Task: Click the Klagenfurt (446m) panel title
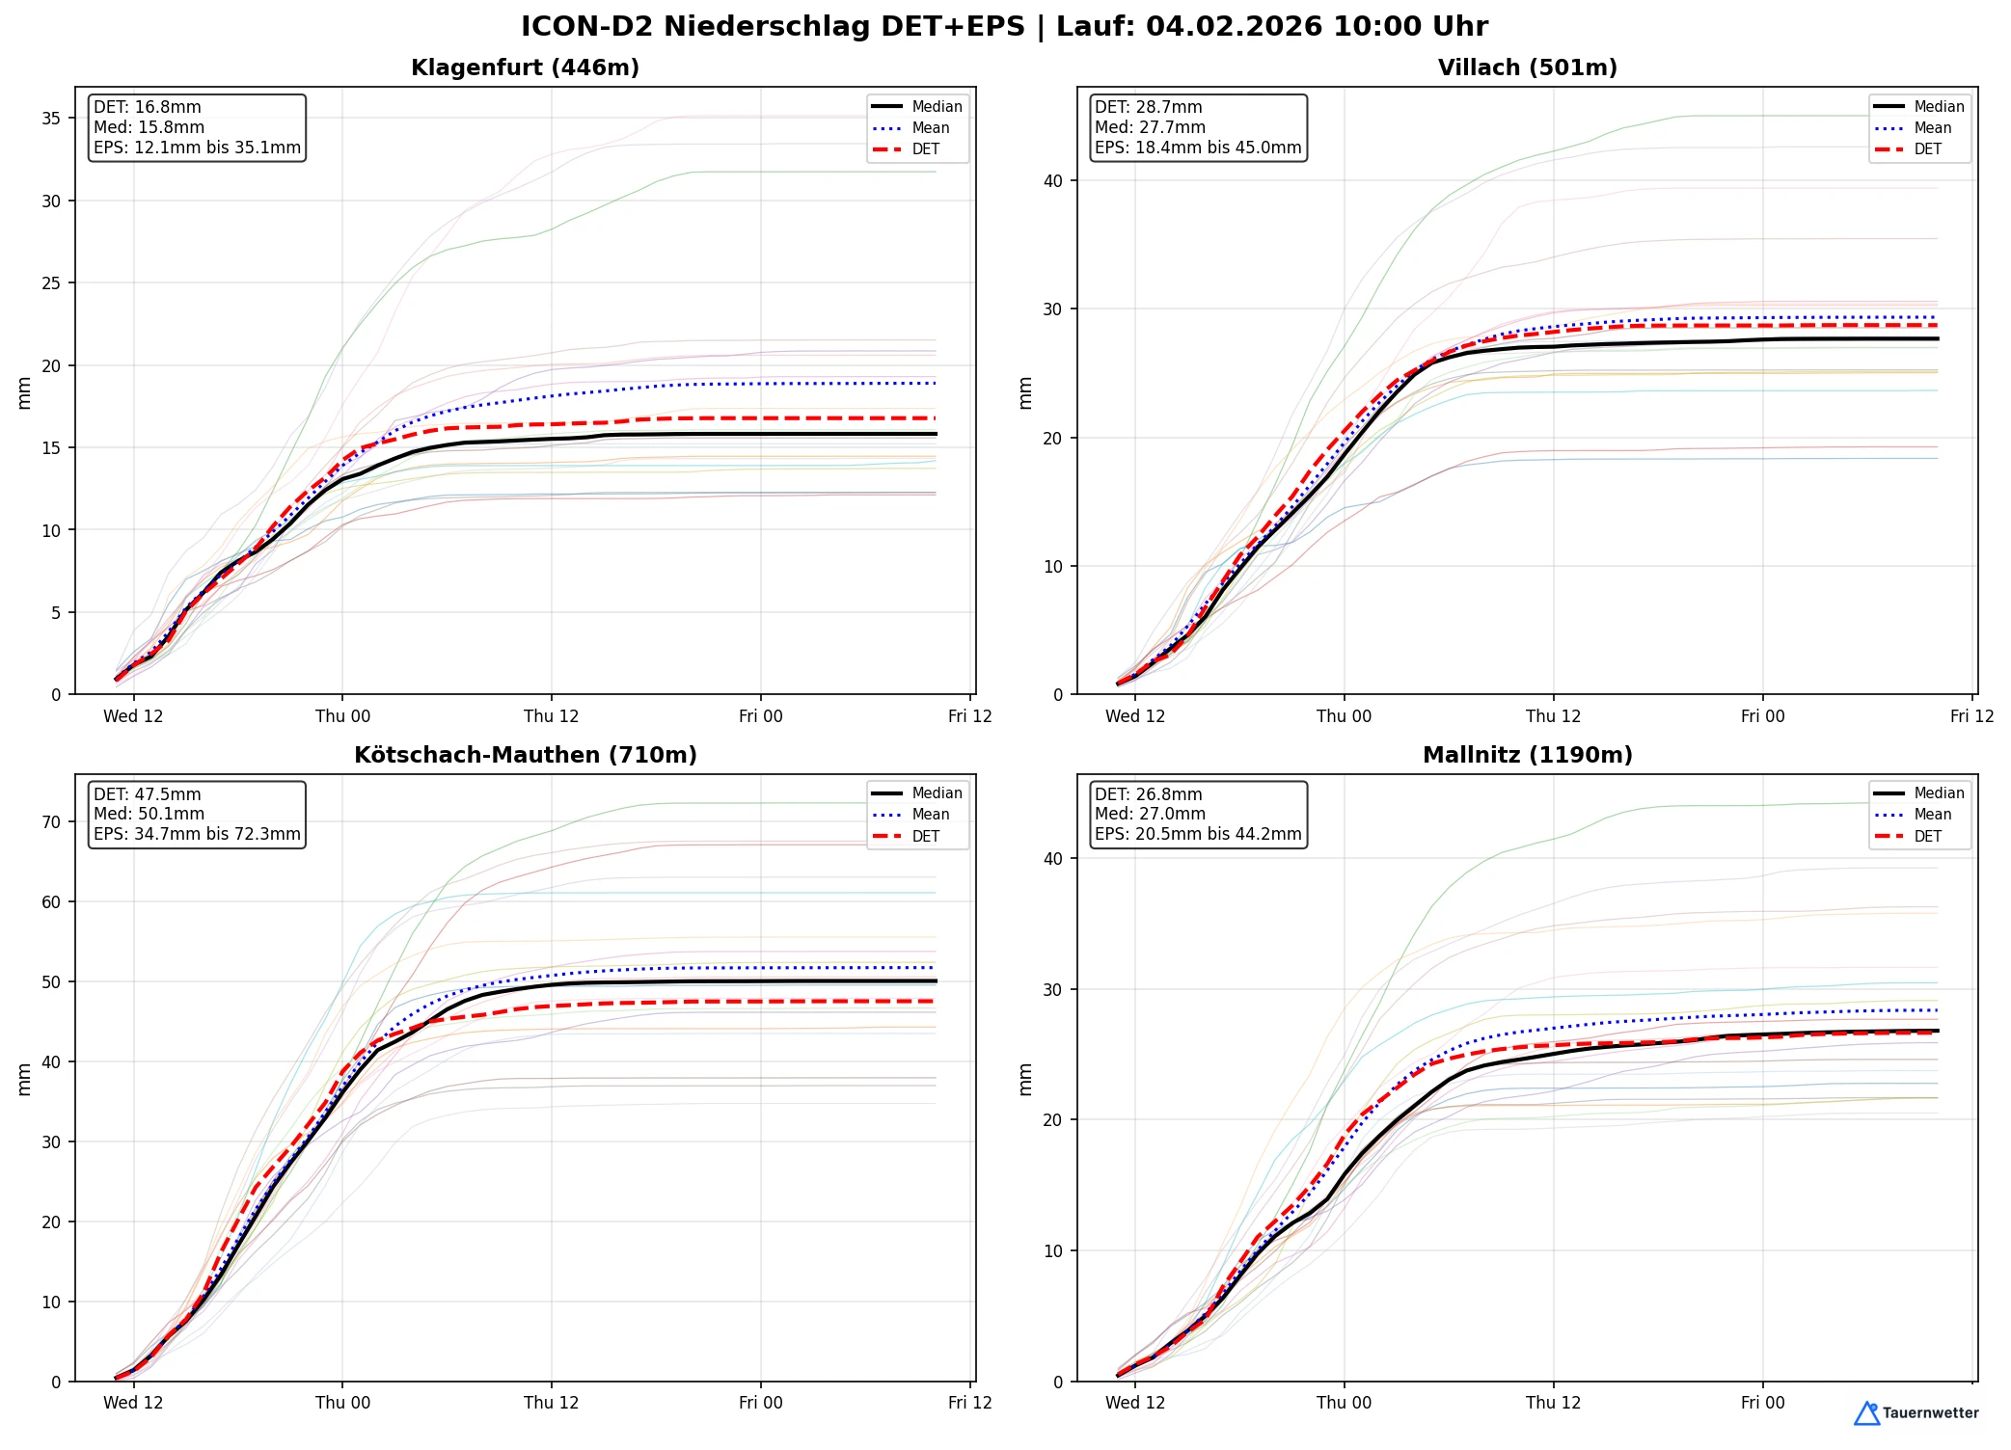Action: pyautogui.click(x=525, y=67)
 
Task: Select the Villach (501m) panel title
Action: pyautogui.click(x=1527, y=67)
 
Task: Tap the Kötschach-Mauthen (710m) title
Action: pyautogui.click(x=525, y=755)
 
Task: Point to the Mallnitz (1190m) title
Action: pyautogui.click(x=1527, y=755)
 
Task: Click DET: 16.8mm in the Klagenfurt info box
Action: pyautogui.click(x=148, y=107)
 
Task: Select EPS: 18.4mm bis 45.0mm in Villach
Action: pyautogui.click(x=1198, y=148)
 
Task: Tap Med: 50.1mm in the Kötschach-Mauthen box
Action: pyautogui.click(x=149, y=814)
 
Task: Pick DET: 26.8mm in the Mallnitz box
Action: pyautogui.click(x=1149, y=794)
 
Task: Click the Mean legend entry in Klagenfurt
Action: pyautogui.click(x=930, y=128)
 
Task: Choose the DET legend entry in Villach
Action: pyautogui.click(x=1927, y=149)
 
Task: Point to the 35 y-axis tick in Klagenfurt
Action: pyautogui.click(x=51, y=119)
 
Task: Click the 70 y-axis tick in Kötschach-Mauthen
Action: pyautogui.click(x=51, y=822)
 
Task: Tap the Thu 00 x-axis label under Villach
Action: pyautogui.click(x=1344, y=716)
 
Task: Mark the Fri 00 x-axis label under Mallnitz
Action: pyautogui.click(x=1762, y=1403)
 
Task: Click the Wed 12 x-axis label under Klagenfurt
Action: pyautogui.click(x=133, y=716)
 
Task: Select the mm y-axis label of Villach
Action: pyautogui.click(x=1025, y=392)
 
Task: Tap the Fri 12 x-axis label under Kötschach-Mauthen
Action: pyautogui.click(x=969, y=1403)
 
